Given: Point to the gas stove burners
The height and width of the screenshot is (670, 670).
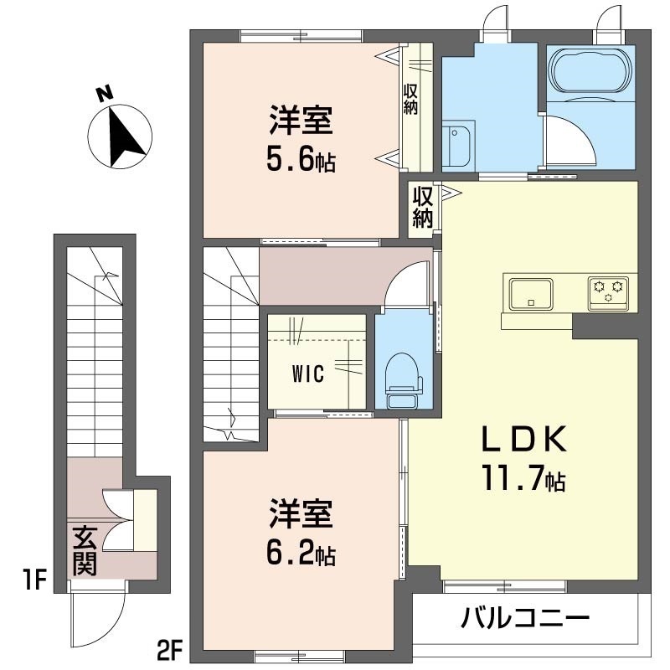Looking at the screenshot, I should coord(609,291).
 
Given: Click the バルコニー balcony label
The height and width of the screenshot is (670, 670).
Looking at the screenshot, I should coord(525,620).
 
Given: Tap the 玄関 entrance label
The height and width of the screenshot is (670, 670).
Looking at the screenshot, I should coord(84,550).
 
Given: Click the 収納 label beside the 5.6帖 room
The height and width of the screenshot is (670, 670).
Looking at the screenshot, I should coord(411,99).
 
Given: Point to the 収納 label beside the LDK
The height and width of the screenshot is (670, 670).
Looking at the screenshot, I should coord(422,207).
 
